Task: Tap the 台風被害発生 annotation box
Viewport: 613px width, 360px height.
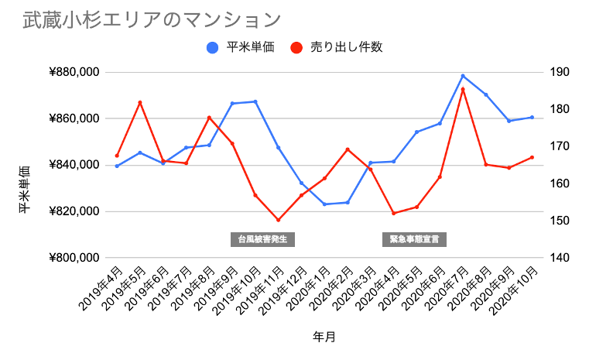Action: [x=262, y=239]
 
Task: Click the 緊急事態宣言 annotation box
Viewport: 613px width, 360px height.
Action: [x=414, y=239]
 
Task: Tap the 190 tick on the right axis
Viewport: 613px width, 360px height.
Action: [x=559, y=73]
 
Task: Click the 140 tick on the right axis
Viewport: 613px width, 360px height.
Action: [x=559, y=258]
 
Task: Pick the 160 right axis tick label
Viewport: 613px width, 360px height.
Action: [x=559, y=183]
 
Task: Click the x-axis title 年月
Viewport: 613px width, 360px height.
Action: [x=324, y=337]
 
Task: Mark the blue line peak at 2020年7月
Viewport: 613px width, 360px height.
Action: [x=463, y=76]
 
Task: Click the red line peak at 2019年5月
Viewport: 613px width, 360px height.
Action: [x=140, y=102]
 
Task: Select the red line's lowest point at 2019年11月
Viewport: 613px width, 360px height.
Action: [x=278, y=220]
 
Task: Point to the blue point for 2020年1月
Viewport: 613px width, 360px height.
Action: [x=324, y=204]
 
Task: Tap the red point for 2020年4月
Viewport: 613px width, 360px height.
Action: [x=393, y=213]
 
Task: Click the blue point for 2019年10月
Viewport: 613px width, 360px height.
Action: [x=255, y=101]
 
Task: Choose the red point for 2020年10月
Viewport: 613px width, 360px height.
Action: [x=532, y=157]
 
